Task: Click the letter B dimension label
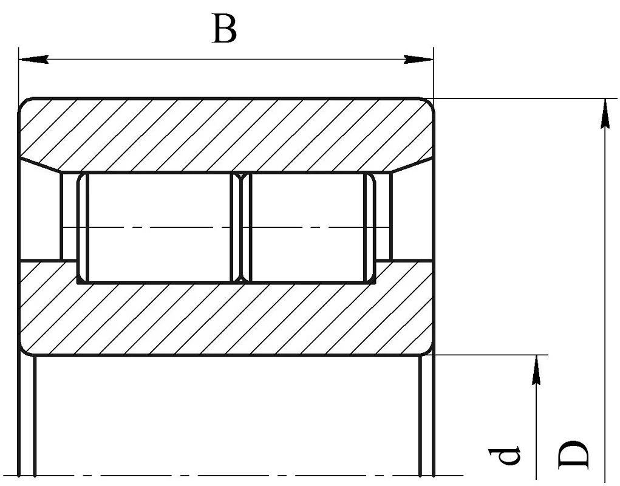click(x=225, y=29)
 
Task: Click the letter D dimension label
click(x=573, y=454)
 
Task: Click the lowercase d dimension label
click(x=504, y=455)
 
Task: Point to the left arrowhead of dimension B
click(x=33, y=60)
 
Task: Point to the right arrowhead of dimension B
click(x=418, y=60)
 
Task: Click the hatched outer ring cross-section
click(x=226, y=134)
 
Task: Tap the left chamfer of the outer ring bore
click(x=39, y=165)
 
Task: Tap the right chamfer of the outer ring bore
click(x=412, y=165)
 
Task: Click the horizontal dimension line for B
click(x=226, y=60)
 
